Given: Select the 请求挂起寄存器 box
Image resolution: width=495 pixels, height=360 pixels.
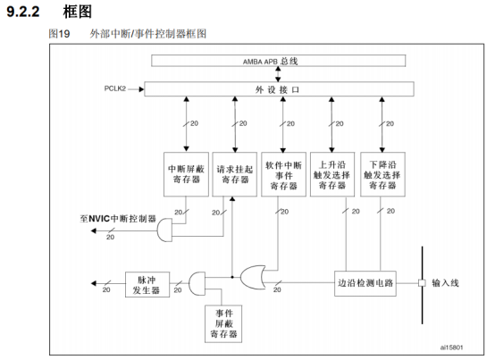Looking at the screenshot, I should pos(234,173).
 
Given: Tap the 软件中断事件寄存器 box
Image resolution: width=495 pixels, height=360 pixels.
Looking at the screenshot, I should pos(285,173).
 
